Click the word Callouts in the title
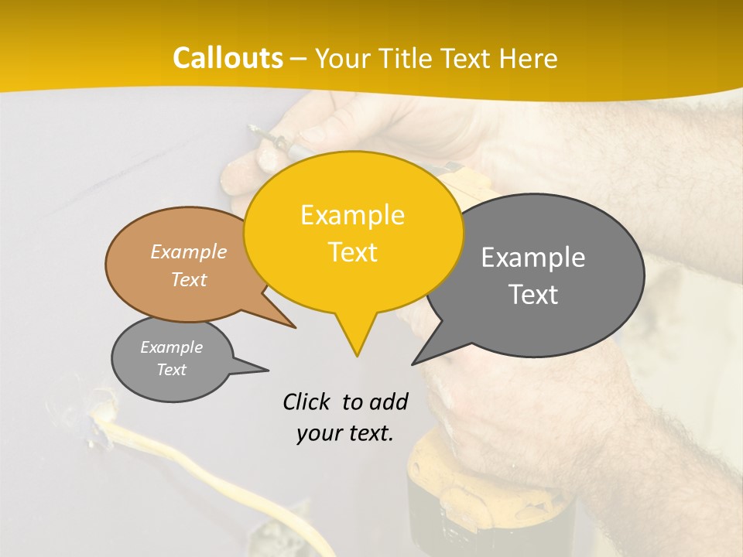tap(228, 58)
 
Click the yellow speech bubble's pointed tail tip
tap(356, 356)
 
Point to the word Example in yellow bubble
tap(352, 215)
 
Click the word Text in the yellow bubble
tap(352, 252)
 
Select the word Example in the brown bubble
tap(189, 251)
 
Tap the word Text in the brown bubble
tap(189, 279)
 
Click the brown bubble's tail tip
tap(296, 327)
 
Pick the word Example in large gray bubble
tap(533, 258)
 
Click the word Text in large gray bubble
tap(533, 295)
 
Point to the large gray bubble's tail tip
tap(413, 364)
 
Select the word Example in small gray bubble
tap(172, 347)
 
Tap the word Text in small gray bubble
tap(172, 370)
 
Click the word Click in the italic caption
tap(307, 402)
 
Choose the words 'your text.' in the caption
tap(345, 434)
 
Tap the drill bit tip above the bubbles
tap(250, 127)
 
